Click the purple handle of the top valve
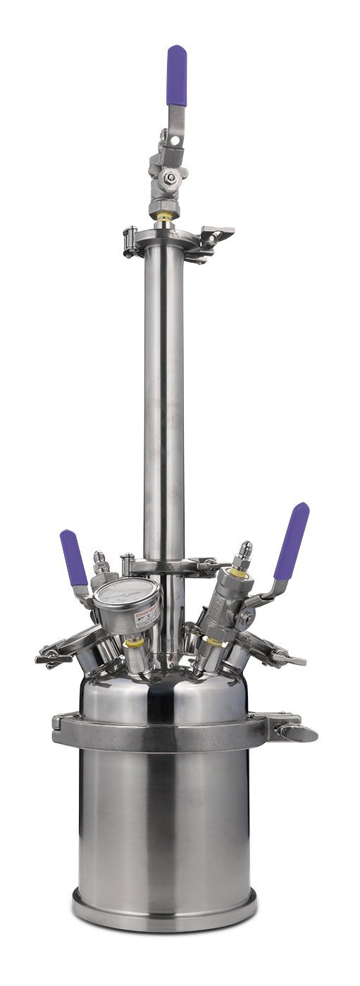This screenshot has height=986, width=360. (177, 75)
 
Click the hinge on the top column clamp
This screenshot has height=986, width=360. (130, 233)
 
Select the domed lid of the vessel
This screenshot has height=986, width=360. (163, 690)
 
